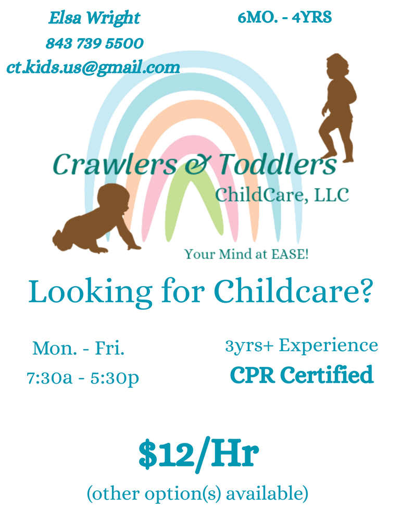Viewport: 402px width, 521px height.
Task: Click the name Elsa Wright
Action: [x=94, y=18]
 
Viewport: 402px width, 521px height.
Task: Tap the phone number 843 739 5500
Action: [x=94, y=43]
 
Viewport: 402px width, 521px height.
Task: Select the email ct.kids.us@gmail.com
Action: [x=93, y=67]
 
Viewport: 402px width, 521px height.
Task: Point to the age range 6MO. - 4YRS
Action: [x=284, y=18]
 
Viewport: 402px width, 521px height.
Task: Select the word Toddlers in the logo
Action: [x=277, y=165]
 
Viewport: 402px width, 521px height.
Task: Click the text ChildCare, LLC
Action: [x=282, y=195]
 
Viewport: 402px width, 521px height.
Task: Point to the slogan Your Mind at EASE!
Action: [x=247, y=255]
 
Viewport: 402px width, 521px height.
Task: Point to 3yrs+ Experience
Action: [x=301, y=345]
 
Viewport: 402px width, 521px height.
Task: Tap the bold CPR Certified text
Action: [x=301, y=375]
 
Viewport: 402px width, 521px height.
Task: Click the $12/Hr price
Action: [x=198, y=454]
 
